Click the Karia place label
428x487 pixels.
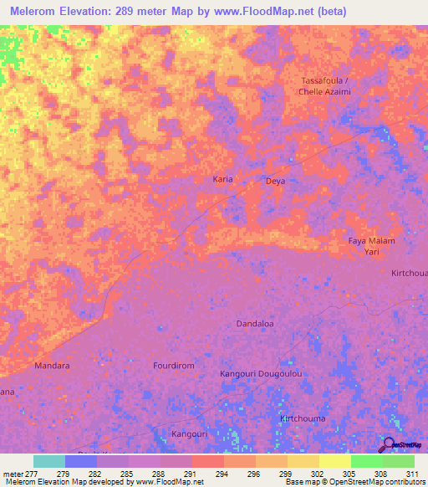pos(222,179)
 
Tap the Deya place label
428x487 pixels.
pos(275,180)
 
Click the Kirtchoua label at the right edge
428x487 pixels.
pos(410,274)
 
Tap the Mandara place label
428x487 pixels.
pos(52,366)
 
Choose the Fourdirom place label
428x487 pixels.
pos(174,366)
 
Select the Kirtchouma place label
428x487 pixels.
pos(303,418)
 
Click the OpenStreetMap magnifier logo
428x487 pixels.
pos(389,445)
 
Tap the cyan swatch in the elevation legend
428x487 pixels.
pos(49,461)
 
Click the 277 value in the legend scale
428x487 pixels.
pos(33,474)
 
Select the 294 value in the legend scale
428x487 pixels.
pos(223,474)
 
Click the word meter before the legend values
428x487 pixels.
pos(12,474)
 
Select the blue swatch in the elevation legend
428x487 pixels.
pos(81,461)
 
